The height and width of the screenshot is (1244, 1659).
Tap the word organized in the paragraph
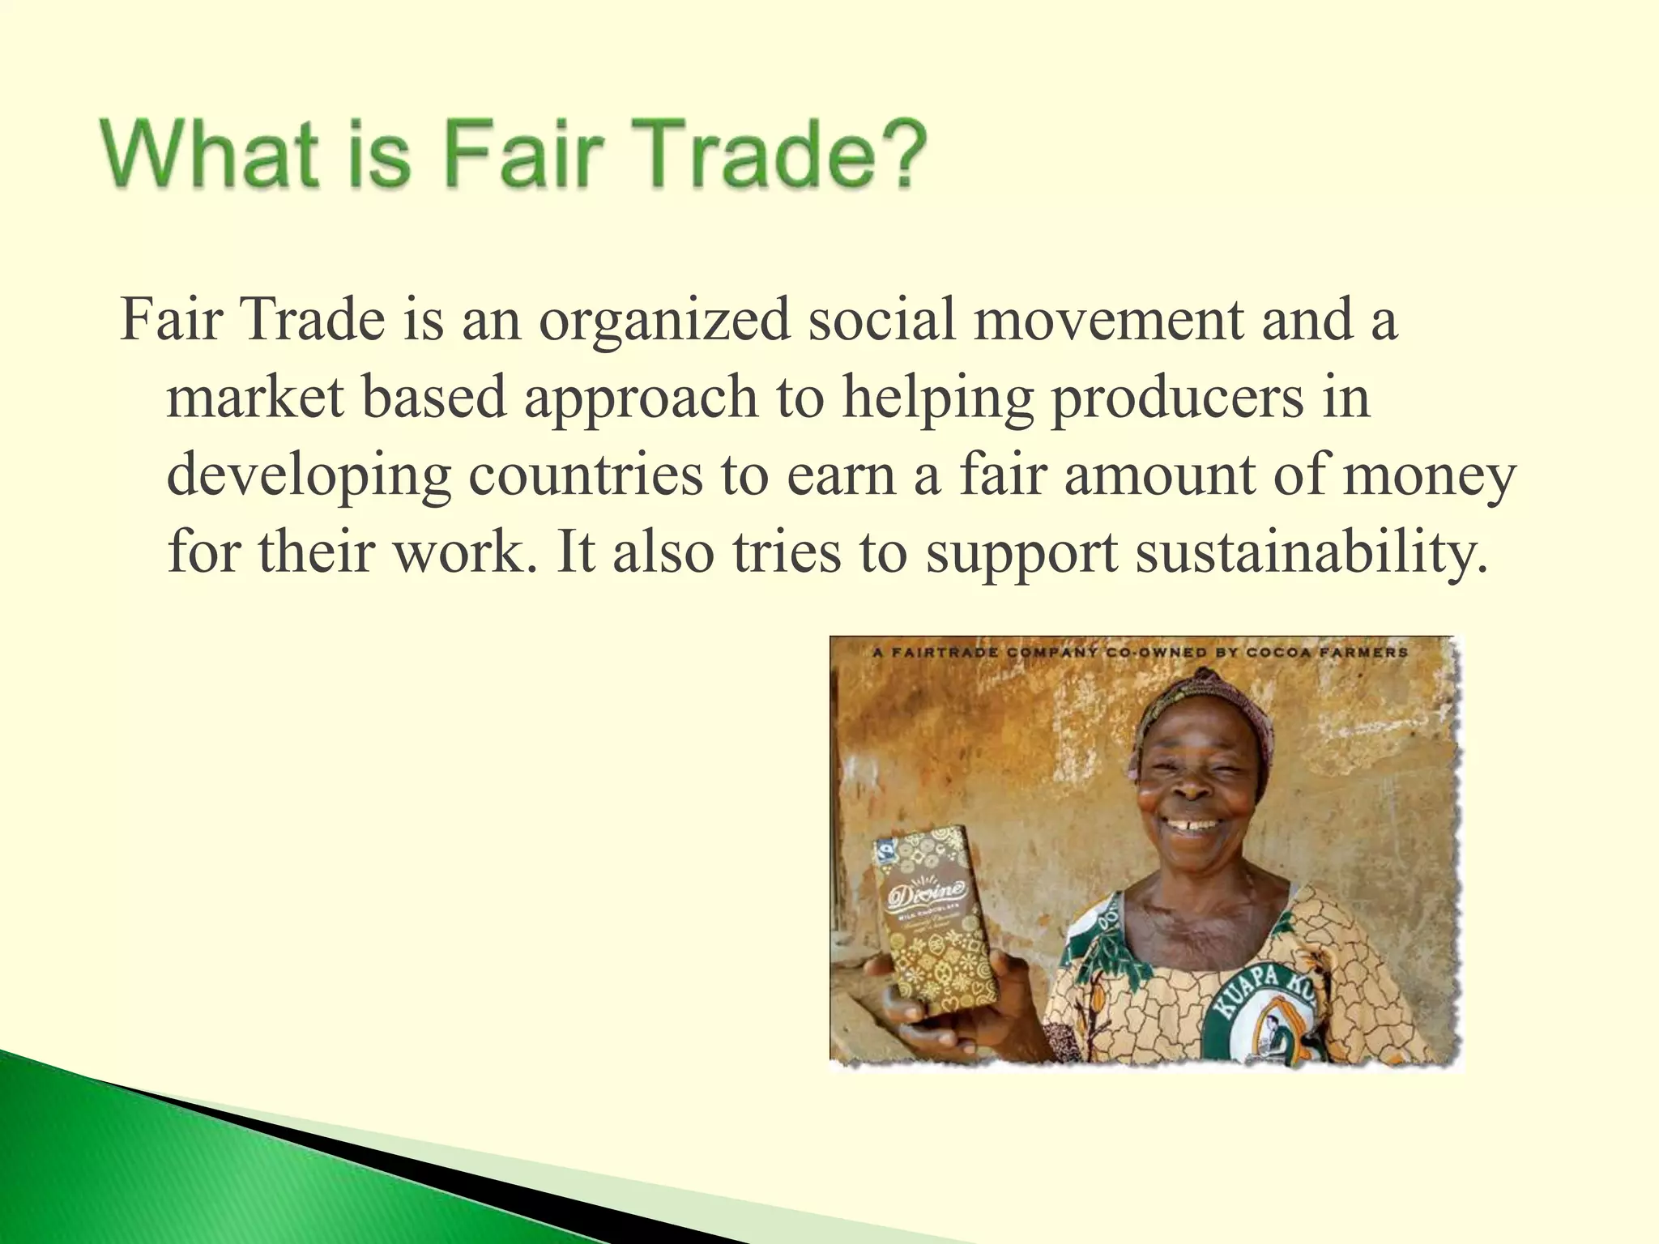pos(664,319)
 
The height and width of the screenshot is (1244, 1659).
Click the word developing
pos(309,476)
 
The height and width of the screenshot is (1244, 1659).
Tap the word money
pos(1429,476)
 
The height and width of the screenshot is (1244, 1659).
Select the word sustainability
pos(1311,554)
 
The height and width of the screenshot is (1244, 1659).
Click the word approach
pos(641,399)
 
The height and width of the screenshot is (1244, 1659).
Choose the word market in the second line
pos(255,398)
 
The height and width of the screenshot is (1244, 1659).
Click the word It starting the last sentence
pos(575,552)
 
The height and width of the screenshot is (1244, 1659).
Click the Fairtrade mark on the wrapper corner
pos(885,850)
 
